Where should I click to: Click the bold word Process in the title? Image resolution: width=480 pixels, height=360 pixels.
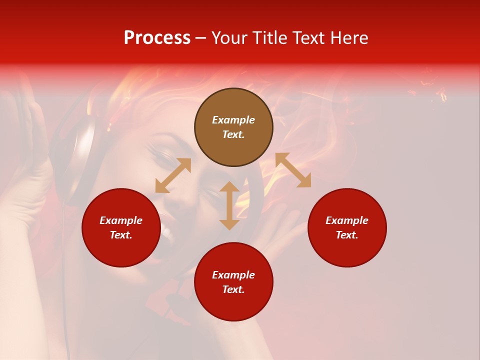[x=157, y=38]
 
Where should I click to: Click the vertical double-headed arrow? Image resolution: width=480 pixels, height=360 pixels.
[x=229, y=205]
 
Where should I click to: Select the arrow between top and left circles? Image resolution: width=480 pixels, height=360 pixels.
[x=173, y=175]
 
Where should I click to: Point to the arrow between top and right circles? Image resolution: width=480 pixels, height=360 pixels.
[x=293, y=170]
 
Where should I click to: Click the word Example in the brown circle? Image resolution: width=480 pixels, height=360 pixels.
[x=233, y=120]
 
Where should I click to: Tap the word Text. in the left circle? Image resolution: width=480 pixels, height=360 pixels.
[x=121, y=235]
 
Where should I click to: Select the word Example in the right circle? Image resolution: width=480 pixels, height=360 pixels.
[x=347, y=220]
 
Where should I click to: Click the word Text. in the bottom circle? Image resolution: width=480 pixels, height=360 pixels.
[x=233, y=289]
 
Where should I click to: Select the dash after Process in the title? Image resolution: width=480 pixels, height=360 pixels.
[x=200, y=38]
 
